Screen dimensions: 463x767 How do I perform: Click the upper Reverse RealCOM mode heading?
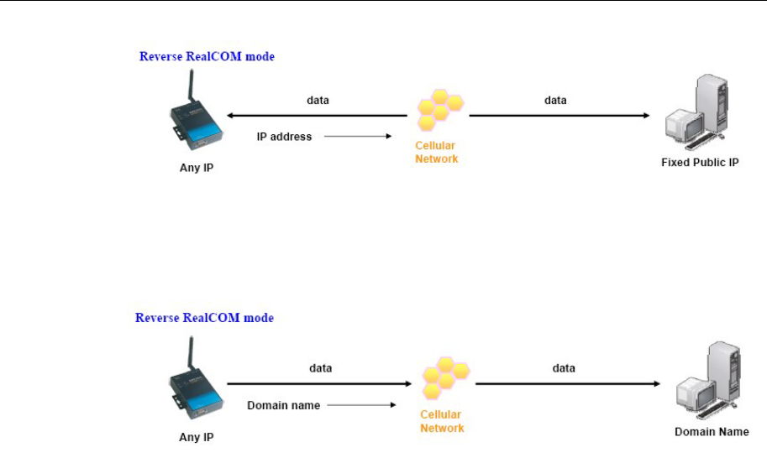coord(207,57)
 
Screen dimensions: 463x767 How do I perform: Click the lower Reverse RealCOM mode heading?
coord(205,318)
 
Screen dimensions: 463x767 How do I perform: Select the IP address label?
coord(284,137)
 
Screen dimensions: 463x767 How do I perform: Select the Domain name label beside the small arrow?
coord(283,405)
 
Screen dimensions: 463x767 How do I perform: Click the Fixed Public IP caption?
coord(700,163)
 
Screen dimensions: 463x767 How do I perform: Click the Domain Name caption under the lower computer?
coord(712,432)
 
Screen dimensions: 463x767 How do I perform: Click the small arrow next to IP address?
coord(357,137)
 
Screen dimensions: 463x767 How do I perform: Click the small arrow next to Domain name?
coord(360,405)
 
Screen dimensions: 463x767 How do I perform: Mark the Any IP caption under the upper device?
coord(197,167)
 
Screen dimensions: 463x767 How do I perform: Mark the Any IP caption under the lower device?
coord(196,437)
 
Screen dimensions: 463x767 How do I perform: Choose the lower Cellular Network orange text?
coord(442,421)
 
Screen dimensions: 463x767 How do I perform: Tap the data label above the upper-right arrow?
coord(555,100)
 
